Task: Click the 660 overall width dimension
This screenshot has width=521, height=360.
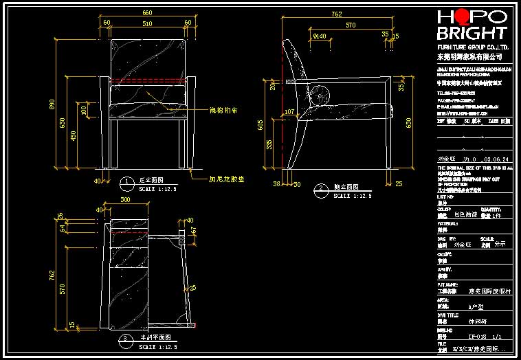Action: click(x=146, y=13)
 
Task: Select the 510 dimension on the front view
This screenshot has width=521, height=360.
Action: click(x=148, y=23)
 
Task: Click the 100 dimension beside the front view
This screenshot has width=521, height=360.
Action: click(x=84, y=110)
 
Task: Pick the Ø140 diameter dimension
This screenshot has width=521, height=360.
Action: click(x=320, y=35)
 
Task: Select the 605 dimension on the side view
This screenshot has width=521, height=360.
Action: click(x=260, y=124)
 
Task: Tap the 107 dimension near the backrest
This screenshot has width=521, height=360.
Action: click(x=289, y=111)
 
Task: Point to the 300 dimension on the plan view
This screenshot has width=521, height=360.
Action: click(x=125, y=199)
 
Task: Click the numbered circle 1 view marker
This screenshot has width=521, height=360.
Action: click(x=126, y=182)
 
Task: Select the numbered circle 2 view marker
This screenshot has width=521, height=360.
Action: click(x=320, y=189)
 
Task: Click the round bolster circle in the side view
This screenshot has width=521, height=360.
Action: click(x=320, y=97)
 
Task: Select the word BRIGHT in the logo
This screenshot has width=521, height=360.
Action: click(x=472, y=33)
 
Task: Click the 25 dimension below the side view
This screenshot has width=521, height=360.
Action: click(x=399, y=183)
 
